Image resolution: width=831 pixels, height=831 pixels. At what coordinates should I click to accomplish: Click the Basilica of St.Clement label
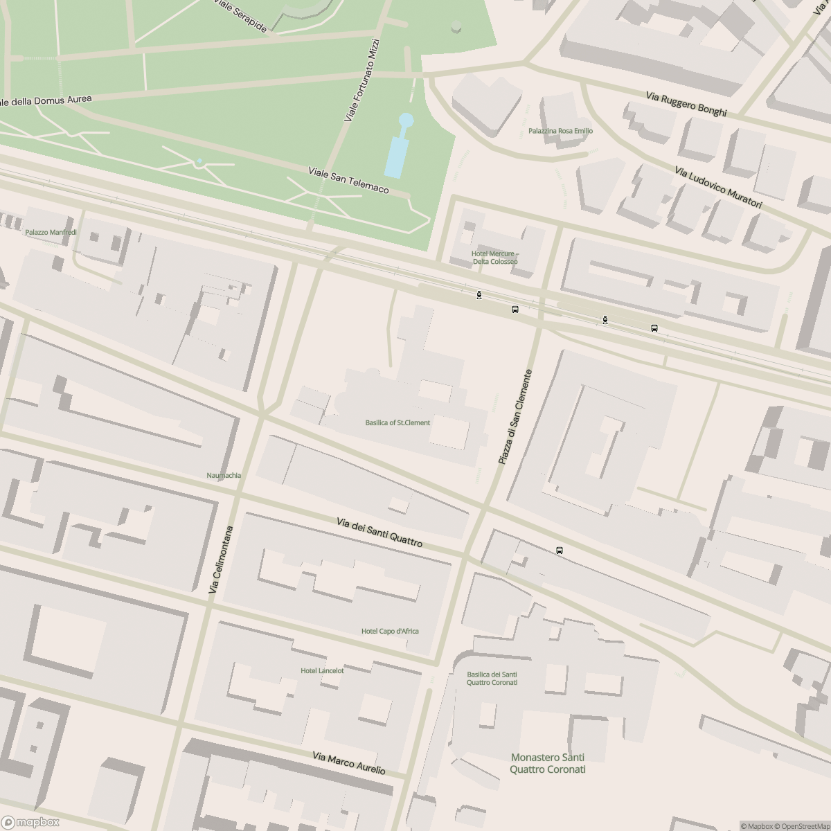coord(397,422)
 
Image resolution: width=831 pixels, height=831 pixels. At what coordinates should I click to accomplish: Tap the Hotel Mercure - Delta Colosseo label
coord(494,258)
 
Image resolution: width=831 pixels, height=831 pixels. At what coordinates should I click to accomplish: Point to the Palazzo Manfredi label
coord(51,233)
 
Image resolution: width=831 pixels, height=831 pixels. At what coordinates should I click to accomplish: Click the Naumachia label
coord(224,475)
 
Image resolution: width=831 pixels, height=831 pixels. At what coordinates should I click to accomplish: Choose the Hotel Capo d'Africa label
coord(390,631)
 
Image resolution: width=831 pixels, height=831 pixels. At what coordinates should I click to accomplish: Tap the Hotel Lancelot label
coord(322,670)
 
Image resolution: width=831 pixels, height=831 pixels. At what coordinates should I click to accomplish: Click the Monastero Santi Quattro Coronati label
coord(548,763)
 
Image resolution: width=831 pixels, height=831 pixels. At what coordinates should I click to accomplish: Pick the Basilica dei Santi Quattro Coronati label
coord(492,679)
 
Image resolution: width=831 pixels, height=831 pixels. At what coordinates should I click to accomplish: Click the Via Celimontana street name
coord(222,560)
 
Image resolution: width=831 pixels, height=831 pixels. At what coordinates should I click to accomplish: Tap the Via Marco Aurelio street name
coord(348,764)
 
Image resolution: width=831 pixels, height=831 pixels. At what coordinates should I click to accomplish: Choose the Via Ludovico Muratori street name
coord(718,188)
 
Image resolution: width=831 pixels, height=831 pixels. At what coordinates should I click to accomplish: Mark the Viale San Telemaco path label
coord(348,180)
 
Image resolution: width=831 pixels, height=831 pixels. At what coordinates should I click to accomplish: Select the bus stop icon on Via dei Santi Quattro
coord(560,551)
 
